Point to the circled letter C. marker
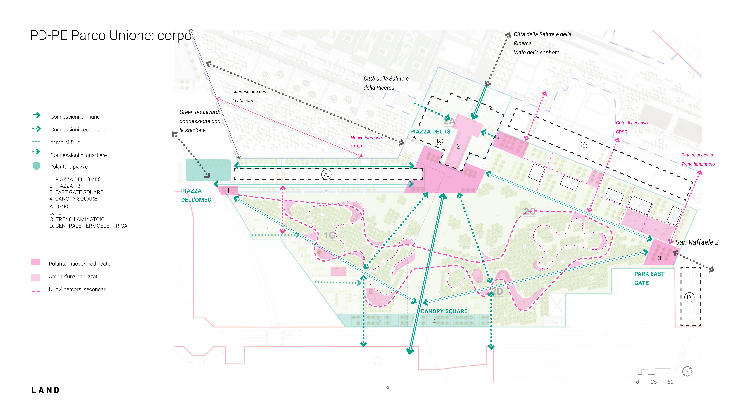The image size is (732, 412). click(582, 146)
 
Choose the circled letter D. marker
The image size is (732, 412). click(689, 297)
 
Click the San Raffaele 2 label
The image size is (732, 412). click(697, 242)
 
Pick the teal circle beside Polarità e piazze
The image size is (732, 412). click(36, 166)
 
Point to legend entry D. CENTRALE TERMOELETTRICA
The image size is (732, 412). click(88, 226)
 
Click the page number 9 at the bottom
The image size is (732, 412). click(388, 388)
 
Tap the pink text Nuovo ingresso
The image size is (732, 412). click(366, 138)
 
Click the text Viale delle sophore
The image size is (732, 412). click(536, 52)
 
